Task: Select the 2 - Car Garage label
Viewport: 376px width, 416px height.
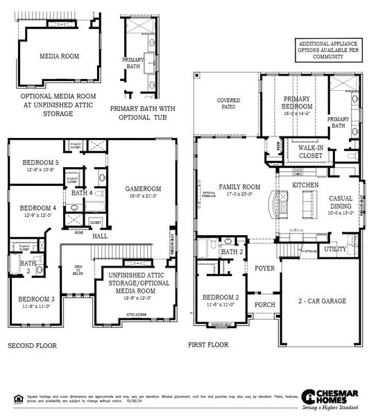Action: point(322,301)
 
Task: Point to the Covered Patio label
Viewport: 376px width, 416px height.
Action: point(228,104)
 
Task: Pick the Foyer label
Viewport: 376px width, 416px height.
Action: point(264,268)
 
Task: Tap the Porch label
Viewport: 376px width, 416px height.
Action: point(264,304)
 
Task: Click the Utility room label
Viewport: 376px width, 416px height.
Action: point(335,248)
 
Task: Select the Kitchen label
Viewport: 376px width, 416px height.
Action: point(305,186)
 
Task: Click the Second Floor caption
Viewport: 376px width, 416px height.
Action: point(32,345)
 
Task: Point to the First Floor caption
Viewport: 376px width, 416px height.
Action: point(208,345)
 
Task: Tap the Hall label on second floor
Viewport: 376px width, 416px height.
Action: point(100,236)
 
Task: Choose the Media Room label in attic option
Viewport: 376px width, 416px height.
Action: point(58,57)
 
